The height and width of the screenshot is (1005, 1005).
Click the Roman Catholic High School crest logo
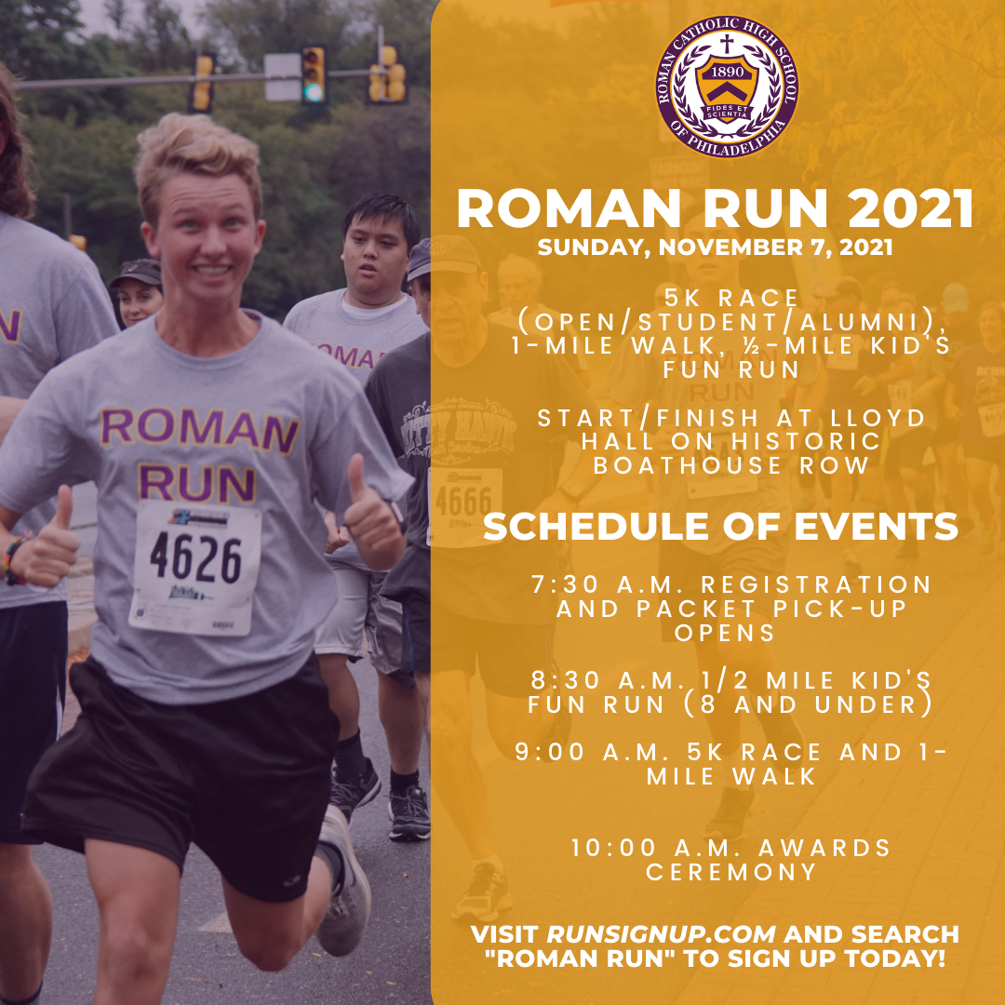click(726, 87)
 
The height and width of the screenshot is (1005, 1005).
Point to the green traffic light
click(313, 92)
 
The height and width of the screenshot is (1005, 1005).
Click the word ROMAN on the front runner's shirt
click(199, 429)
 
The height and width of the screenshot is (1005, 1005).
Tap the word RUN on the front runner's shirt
click(197, 482)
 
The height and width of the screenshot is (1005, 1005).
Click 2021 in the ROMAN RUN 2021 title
click(910, 209)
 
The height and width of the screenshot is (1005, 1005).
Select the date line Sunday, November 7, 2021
click(715, 248)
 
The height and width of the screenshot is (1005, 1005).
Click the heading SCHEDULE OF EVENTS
click(720, 527)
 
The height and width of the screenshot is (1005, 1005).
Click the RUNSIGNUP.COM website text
click(661, 934)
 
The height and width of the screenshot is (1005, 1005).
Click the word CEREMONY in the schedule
click(730, 872)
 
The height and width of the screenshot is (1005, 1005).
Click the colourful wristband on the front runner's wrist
click(13, 557)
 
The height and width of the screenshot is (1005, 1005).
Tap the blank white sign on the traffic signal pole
click(282, 77)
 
